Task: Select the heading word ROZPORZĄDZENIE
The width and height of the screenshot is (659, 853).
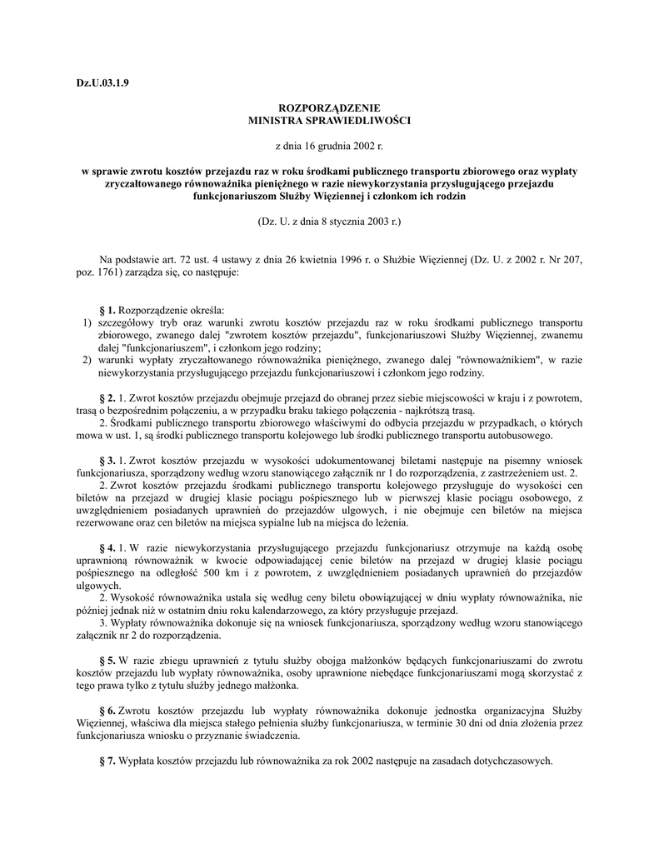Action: (329, 108)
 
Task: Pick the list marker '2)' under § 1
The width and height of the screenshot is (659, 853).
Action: (86, 360)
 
